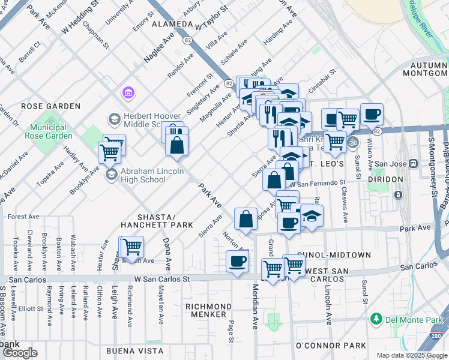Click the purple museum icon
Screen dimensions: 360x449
coord(127,93)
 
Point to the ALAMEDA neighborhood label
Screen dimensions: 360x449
coord(171,25)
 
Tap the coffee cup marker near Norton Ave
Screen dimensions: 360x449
coord(238,262)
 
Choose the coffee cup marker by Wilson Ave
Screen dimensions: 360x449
coord(372,114)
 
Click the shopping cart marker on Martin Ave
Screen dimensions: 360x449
coord(132,247)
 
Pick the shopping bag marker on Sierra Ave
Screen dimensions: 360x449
coord(246,219)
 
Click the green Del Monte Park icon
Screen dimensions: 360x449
coord(376,317)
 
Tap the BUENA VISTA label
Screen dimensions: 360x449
coord(134,350)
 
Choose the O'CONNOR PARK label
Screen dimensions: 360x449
coord(330,346)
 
